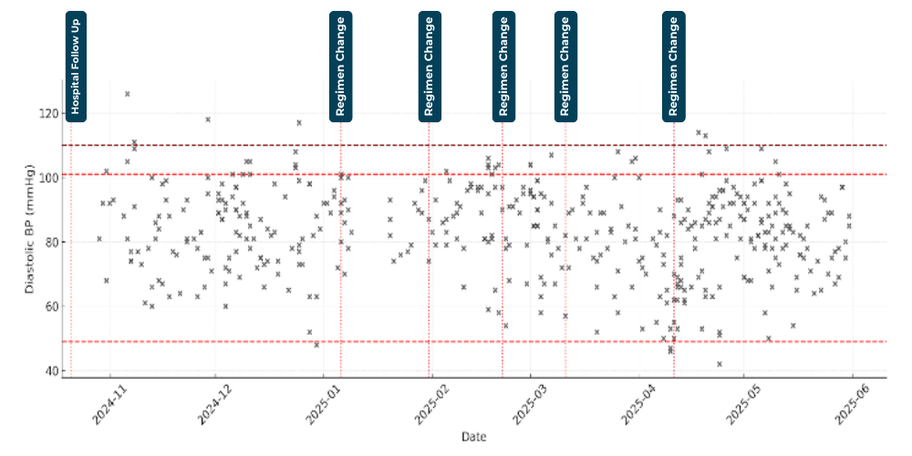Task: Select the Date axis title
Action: pyautogui.click(x=473, y=437)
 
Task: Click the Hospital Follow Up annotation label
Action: pyautogui.click(x=77, y=66)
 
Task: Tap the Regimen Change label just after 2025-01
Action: pyautogui.click(x=341, y=66)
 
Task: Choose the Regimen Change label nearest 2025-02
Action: pyautogui.click(x=430, y=66)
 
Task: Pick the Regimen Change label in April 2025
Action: pyautogui.click(x=674, y=66)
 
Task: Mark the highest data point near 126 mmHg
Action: pyautogui.click(x=128, y=94)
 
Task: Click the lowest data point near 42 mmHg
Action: pyautogui.click(x=720, y=364)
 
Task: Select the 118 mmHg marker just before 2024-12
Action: pyautogui.click(x=208, y=119)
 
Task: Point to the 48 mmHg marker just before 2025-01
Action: pyautogui.click(x=316, y=345)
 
